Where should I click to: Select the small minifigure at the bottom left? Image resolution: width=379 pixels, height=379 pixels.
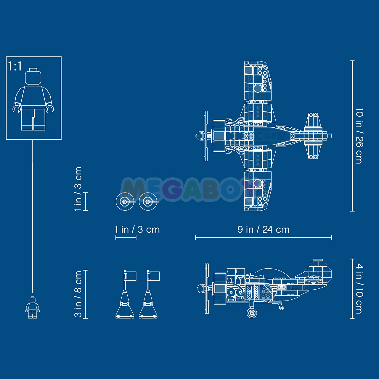tap(33, 307)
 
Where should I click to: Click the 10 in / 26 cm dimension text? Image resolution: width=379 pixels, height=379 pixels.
tap(359, 136)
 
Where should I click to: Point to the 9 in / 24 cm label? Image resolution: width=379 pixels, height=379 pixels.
tap(263, 229)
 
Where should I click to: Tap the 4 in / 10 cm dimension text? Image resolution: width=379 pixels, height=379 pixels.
tap(359, 289)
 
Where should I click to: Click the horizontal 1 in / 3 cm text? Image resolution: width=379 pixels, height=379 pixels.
tap(137, 229)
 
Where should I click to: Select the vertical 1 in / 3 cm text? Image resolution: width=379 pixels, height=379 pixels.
tap(78, 189)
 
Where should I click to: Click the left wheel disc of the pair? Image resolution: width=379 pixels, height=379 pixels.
tap(125, 202)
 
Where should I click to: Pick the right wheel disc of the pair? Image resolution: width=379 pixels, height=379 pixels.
tap(148, 202)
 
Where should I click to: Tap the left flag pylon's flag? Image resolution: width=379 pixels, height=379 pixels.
tap(131, 276)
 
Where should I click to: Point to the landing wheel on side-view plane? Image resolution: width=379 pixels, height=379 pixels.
tap(252, 312)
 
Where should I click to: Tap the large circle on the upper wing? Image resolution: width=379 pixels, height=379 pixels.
tap(258, 88)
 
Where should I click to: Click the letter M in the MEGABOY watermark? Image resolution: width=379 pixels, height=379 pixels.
tap(133, 189)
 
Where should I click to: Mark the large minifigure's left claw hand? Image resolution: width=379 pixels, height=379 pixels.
tap(17, 109)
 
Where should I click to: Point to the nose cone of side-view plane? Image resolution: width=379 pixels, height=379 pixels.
tap(199, 288)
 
